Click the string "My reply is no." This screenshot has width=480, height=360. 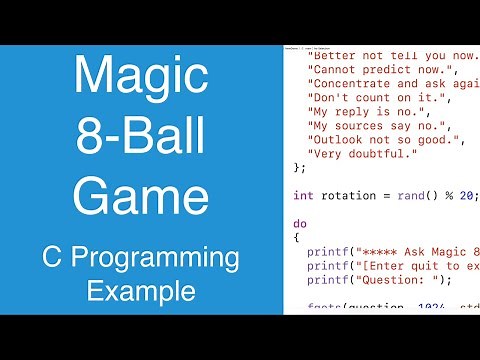click(x=366, y=117)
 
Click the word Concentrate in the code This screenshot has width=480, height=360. click(x=351, y=86)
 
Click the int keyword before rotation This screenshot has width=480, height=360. click(x=304, y=196)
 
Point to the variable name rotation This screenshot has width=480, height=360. click(x=349, y=196)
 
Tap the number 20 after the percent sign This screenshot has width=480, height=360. click(x=465, y=196)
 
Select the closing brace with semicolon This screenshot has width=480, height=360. click(x=299, y=166)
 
